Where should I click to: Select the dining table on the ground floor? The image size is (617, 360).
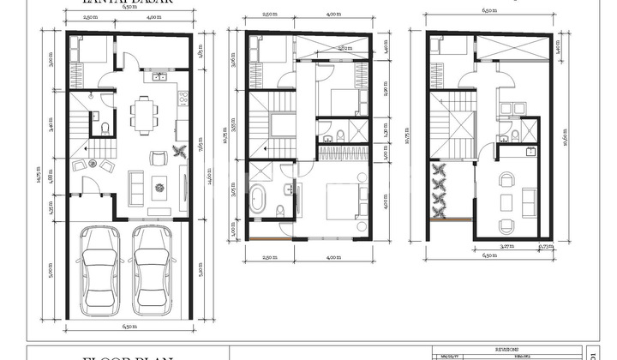coord(144,112)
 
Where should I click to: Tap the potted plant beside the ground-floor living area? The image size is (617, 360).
coord(179,153)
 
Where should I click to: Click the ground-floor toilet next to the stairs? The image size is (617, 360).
coord(105,129)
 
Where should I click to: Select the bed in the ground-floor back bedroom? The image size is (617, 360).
coord(87,50)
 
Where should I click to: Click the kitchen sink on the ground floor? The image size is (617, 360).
coord(159,78)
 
